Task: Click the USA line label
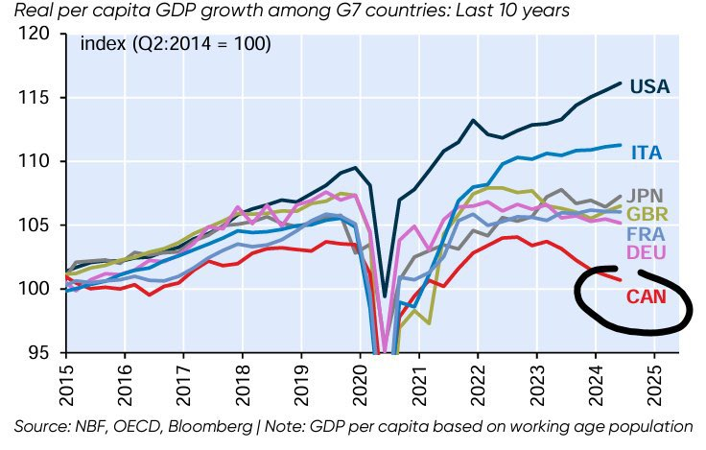(x=651, y=87)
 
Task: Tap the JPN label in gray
(x=647, y=196)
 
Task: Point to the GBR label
(x=648, y=213)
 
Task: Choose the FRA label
(x=647, y=233)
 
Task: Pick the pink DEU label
(x=647, y=252)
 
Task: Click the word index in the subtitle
(x=100, y=44)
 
